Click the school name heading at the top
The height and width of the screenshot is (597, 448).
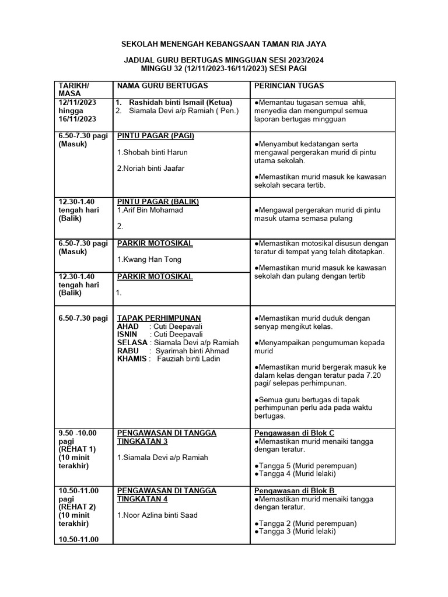click(223, 44)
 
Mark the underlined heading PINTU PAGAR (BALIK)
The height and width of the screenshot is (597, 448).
click(158, 202)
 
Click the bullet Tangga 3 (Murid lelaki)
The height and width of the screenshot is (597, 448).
click(295, 531)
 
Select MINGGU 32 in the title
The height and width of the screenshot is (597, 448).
click(152, 68)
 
